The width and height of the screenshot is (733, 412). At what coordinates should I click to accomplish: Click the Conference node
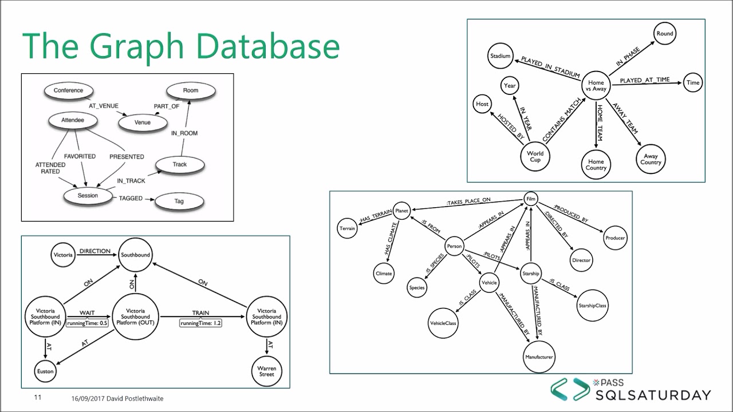(x=68, y=90)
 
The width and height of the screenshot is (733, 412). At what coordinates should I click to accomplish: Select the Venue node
(x=142, y=122)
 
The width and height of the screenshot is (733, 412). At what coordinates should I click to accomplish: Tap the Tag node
(x=179, y=201)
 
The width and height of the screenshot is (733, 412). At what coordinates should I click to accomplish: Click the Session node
(x=88, y=196)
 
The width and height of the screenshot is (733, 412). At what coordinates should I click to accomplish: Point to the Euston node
(x=45, y=371)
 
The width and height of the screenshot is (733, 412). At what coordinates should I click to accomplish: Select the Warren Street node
(x=267, y=371)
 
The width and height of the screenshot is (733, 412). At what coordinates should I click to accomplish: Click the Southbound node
(x=136, y=255)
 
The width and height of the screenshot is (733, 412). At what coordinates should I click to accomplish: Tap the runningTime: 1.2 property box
(x=200, y=323)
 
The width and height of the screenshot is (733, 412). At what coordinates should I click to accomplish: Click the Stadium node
(x=500, y=56)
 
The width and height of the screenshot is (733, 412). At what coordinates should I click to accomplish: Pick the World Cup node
(x=535, y=156)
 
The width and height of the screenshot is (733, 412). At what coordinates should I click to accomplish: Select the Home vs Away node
(x=596, y=86)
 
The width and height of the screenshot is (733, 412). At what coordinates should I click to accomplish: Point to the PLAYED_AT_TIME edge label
(x=644, y=80)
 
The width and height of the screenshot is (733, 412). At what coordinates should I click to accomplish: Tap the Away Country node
(x=651, y=159)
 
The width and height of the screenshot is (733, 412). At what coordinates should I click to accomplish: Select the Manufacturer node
(x=539, y=357)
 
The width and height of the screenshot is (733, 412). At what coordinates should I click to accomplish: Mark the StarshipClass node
(x=592, y=306)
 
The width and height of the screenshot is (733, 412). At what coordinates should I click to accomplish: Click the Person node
(x=454, y=247)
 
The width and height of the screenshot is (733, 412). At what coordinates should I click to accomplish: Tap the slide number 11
(x=38, y=398)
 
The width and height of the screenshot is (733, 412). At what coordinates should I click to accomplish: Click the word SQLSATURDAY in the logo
(x=653, y=395)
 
